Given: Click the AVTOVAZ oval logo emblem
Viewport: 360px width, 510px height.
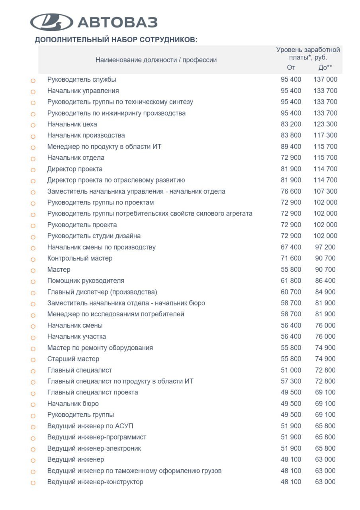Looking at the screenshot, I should click(x=52, y=22).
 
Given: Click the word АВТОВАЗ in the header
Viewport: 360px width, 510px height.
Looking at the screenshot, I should click(x=117, y=22).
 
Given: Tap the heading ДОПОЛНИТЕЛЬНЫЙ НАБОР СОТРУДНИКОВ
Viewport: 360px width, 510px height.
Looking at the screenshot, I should click(x=116, y=40).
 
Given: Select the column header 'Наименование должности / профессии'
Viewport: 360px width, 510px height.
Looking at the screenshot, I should click(x=156, y=60).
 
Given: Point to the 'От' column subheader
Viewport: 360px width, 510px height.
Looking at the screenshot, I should click(x=291, y=67).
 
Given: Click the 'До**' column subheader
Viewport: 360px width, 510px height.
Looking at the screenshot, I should click(x=325, y=67).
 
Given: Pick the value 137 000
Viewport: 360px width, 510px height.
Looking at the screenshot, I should click(x=325, y=80).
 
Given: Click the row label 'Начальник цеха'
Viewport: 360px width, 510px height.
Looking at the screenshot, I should click(x=72, y=124).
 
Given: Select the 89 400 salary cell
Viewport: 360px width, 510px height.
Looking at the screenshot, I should click(x=291, y=147).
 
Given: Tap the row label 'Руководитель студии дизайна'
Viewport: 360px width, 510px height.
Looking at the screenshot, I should click(x=94, y=236).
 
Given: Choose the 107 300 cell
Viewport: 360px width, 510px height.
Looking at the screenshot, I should click(x=325, y=191).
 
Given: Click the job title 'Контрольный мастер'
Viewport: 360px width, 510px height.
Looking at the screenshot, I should click(x=80, y=258).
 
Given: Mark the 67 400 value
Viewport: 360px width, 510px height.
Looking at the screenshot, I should click(x=291, y=247).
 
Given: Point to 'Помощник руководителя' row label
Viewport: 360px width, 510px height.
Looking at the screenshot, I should click(x=86, y=280).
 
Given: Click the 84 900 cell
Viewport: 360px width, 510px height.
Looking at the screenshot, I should click(x=325, y=292).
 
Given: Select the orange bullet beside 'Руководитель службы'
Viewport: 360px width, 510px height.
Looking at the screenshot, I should click(x=33, y=80).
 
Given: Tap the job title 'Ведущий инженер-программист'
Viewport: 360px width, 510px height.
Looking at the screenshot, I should click(x=97, y=437).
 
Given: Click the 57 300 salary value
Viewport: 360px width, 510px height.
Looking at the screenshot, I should click(x=291, y=381).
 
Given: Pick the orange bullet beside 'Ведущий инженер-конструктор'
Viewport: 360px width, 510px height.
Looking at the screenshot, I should click(x=33, y=483).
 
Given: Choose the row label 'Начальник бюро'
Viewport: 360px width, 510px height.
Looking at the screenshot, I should click(x=73, y=404).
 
